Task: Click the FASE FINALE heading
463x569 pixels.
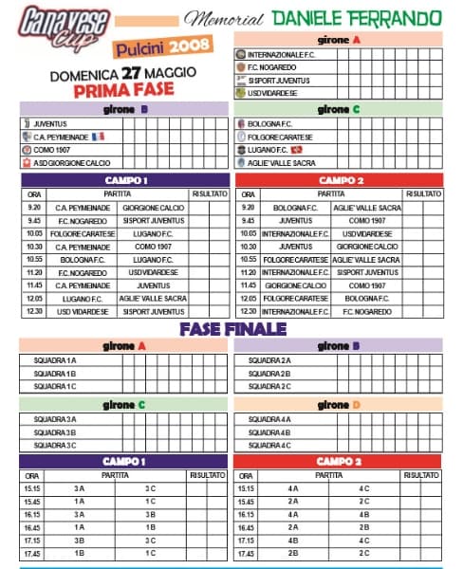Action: pos(232,329)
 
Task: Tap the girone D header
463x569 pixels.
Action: pos(338,405)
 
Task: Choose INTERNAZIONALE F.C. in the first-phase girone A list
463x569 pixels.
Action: pos(288,55)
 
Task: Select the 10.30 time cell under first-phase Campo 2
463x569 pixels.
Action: pos(248,246)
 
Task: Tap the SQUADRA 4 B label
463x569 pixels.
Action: pos(270,432)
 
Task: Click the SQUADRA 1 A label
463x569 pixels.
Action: pos(55,360)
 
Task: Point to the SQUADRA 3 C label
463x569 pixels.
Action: pos(55,445)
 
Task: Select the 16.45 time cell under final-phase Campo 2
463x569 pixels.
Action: pos(246,527)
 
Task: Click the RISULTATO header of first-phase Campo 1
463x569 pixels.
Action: pos(210,193)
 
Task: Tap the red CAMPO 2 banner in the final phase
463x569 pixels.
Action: pos(337,461)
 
